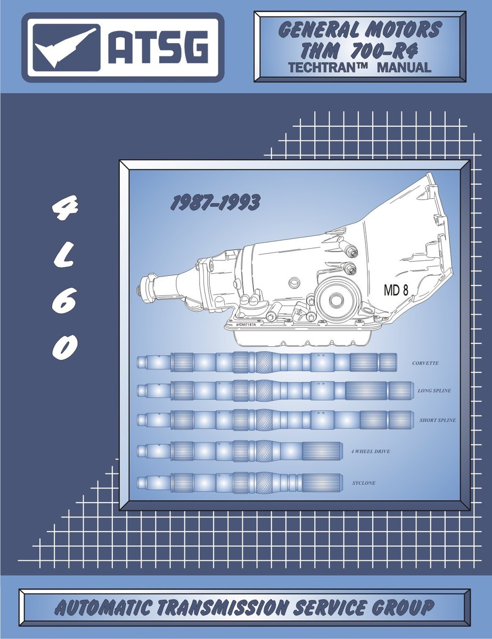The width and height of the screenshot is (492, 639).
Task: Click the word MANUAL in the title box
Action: point(404,68)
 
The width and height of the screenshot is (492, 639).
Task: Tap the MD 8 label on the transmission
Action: point(397,290)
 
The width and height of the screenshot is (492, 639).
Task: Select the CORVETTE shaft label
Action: point(425,363)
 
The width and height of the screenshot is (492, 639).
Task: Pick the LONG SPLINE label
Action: point(434,391)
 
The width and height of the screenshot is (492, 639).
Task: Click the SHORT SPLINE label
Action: point(437,420)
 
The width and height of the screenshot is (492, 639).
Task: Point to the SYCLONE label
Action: point(363,483)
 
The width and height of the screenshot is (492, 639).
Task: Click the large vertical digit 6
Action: point(64,302)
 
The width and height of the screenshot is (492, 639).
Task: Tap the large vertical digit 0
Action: point(64,347)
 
